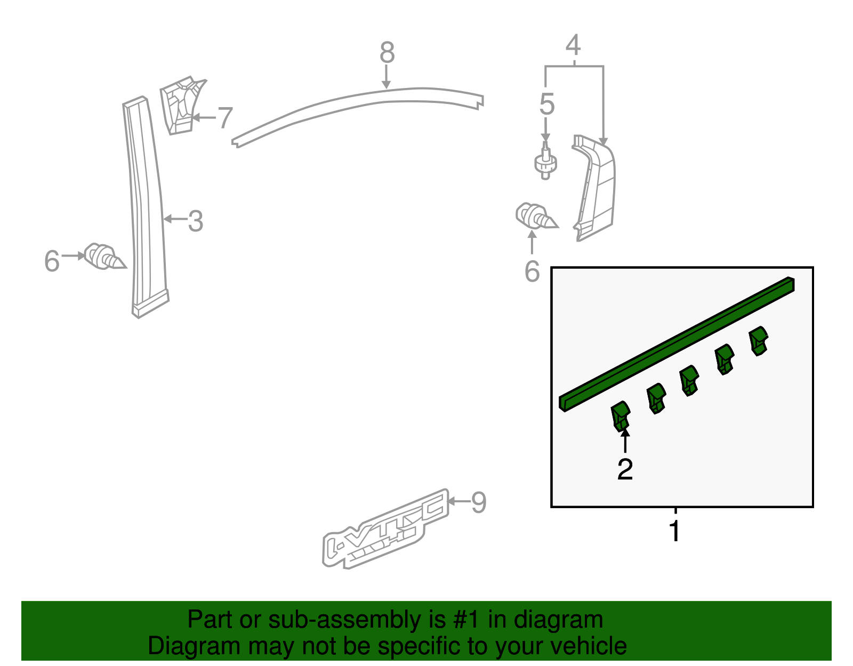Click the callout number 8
[x=388, y=53]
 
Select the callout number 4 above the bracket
[x=573, y=45]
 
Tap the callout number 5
[x=546, y=104]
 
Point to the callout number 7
[x=225, y=118]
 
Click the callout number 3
[x=196, y=221]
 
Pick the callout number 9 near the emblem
[x=478, y=502]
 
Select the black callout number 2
[x=625, y=469]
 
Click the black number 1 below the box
[x=675, y=531]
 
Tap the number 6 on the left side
[x=52, y=261]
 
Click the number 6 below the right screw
[x=532, y=272]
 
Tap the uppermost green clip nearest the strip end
[x=759, y=340]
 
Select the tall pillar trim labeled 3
[x=145, y=208]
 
